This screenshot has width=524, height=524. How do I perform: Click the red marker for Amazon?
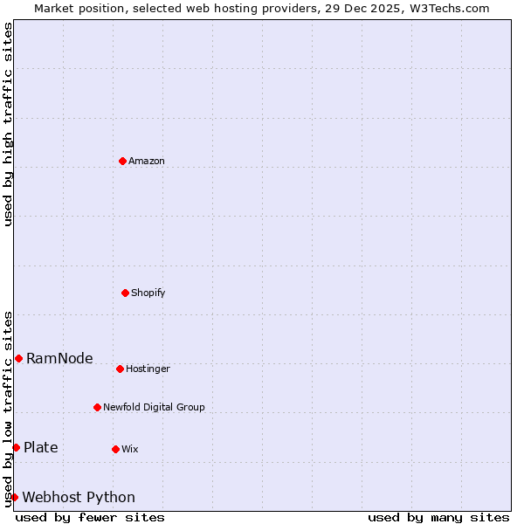(122, 161)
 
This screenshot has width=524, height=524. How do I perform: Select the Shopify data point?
(125, 293)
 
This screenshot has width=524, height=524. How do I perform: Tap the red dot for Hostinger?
(120, 369)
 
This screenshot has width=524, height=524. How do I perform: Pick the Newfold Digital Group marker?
(97, 407)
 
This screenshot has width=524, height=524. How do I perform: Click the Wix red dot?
(115, 449)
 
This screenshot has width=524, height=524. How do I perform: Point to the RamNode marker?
(18, 358)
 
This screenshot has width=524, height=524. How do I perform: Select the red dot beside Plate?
(16, 447)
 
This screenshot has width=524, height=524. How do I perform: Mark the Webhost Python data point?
(14, 497)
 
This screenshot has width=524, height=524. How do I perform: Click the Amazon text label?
(147, 162)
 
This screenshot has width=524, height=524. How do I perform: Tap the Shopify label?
(148, 293)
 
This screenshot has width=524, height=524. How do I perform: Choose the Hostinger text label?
(148, 369)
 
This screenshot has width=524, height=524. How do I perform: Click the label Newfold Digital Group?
(154, 408)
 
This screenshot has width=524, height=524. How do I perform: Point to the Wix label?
(130, 450)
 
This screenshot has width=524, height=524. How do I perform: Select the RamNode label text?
(59, 359)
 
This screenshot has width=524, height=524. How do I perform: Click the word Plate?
(41, 448)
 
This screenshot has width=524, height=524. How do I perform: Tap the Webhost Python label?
(79, 498)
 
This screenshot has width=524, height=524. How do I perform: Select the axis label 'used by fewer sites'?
(90, 517)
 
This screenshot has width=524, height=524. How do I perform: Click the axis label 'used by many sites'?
(438, 517)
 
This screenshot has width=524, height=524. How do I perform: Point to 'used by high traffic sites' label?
(8, 124)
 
